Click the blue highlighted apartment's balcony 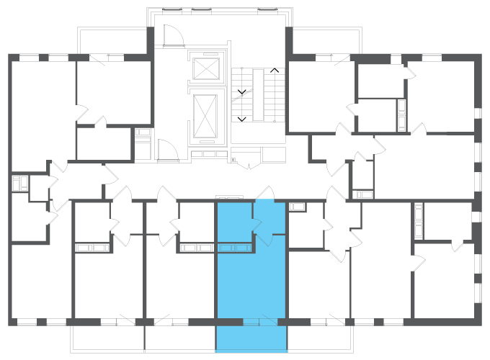click(251, 338)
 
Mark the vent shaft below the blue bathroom click(235, 248)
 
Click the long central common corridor click(216, 180)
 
